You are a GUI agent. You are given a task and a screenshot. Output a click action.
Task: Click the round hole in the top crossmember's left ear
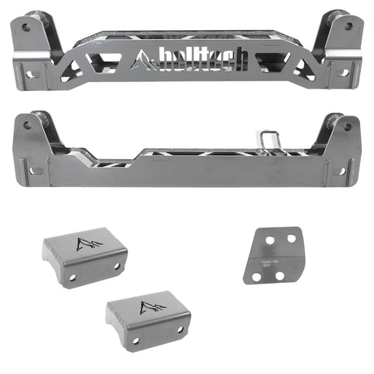[x=25, y=28]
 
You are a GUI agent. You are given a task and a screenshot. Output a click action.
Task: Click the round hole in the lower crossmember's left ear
[x=26, y=126]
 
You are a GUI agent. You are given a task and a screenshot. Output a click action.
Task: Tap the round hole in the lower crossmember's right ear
[x=346, y=126]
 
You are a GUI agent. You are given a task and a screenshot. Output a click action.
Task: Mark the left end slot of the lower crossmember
[x=37, y=172]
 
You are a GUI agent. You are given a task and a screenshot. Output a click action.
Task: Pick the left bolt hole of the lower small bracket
[x=137, y=341]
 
